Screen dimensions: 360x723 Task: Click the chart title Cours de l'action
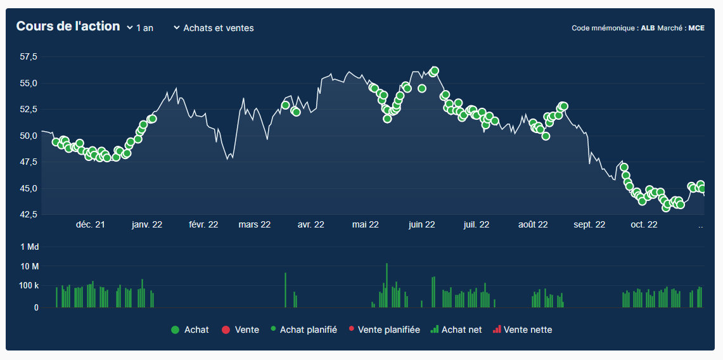coord(68,27)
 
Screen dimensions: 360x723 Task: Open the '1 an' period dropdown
coord(140,28)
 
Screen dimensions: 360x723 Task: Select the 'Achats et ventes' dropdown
coord(214,28)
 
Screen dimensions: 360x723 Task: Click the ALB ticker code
coord(648,28)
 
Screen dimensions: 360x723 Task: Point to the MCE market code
coord(696,28)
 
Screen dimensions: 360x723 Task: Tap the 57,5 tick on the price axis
coord(29,57)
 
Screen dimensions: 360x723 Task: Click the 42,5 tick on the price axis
coord(29,215)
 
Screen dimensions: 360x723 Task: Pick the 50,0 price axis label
coord(29,136)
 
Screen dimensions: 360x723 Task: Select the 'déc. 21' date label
coord(91,224)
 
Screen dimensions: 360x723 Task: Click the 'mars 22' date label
coord(255,224)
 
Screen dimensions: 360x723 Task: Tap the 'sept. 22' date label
coord(589,224)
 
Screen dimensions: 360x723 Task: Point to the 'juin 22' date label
coord(421,224)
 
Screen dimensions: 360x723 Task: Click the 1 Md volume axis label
coord(30,247)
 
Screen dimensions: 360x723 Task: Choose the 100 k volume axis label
coord(29,286)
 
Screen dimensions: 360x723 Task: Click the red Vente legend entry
coord(240,330)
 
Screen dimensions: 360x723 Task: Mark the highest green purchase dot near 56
coord(435,71)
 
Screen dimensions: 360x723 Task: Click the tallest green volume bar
coord(387,285)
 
